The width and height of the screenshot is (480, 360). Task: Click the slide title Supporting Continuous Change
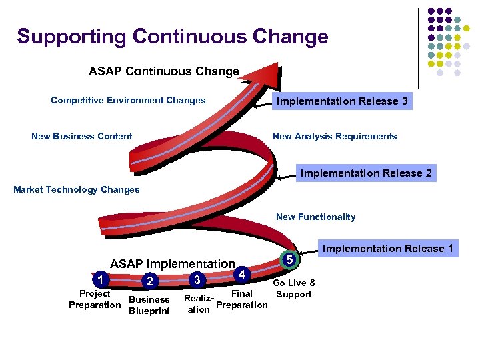173,36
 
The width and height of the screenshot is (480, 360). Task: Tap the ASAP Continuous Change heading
163,71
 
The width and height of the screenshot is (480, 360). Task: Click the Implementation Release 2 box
366,173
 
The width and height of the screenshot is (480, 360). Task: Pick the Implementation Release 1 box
387,249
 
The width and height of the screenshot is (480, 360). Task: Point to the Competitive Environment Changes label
128,101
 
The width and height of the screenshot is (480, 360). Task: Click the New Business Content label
82,137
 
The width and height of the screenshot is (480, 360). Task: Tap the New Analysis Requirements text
335,137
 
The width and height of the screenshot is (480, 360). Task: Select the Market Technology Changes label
77,190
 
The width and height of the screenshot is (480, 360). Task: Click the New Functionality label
315,217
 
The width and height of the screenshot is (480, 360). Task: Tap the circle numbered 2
151,281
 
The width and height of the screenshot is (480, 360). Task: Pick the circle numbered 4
243,274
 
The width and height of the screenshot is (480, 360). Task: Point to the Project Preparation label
95,299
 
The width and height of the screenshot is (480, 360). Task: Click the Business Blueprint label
149,305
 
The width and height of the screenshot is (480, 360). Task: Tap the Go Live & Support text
294,289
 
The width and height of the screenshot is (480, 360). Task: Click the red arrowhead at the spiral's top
264,73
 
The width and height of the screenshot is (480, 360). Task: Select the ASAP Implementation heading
173,264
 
